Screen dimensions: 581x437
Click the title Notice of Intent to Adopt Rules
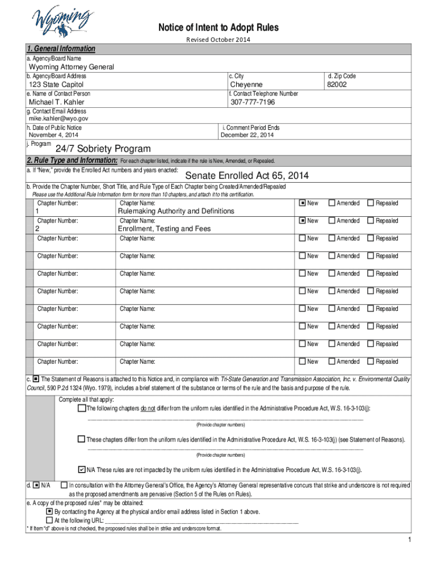click(x=218, y=28)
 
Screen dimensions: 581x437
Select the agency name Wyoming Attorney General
click(x=72, y=67)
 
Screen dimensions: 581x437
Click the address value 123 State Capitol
click(x=56, y=85)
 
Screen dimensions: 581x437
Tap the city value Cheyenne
click(x=246, y=85)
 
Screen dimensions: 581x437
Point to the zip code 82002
click(x=336, y=85)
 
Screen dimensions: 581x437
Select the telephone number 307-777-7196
click(x=253, y=102)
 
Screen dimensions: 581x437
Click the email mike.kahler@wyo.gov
click(x=58, y=119)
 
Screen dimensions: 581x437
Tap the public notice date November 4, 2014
click(x=54, y=135)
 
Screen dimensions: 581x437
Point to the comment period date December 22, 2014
click(x=247, y=135)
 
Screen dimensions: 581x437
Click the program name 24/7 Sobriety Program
click(x=103, y=149)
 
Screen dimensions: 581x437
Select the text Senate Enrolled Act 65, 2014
click(x=247, y=175)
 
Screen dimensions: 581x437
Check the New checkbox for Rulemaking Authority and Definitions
click(x=302, y=203)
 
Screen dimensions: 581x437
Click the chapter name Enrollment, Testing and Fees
click(x=164, y=229)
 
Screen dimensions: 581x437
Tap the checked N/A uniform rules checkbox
click(x=81, y=470)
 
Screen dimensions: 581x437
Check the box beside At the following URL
click(x=49, y=520)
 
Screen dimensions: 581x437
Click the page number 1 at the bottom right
click(x=409, y=539)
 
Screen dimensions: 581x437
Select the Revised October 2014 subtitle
click(x=218, y=39)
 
